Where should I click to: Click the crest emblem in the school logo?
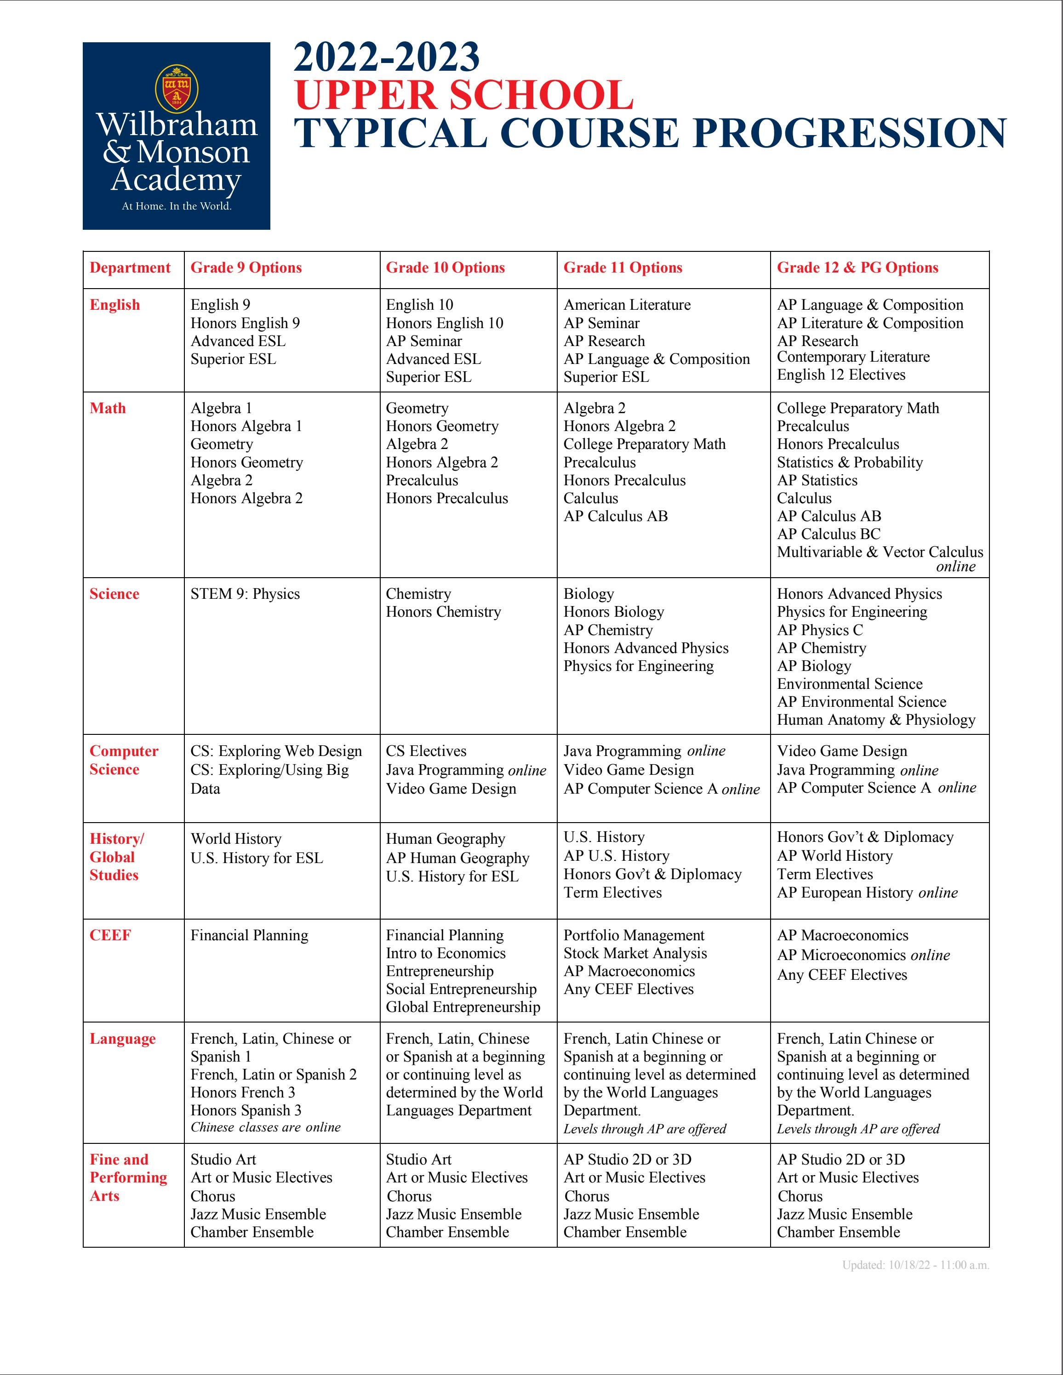tap(177, 89)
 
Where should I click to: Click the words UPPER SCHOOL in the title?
tap(463, 96)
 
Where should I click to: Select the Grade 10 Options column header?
tap(445, 267)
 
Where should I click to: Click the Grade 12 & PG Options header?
tap(857, 267)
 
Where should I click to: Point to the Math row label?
tap(108, 408)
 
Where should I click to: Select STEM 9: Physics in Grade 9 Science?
tap(245, 594)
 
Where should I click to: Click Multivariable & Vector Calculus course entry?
tap(879, 552)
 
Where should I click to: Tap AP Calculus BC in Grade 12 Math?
tap(828, 534)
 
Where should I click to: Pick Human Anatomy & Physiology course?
tap(875, 720)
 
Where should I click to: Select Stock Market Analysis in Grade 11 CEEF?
tap(635, 953)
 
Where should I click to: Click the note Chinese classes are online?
tap(265, 1127)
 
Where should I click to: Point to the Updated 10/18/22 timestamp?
tap(915, 1265)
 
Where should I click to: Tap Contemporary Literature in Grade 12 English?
tap(853, 357)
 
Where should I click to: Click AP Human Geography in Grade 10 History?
tap(457, 858)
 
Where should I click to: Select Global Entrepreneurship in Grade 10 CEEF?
tap(463, 1007)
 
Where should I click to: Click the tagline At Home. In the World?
tap(177, 206)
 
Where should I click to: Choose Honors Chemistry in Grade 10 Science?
tap(443, 612)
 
